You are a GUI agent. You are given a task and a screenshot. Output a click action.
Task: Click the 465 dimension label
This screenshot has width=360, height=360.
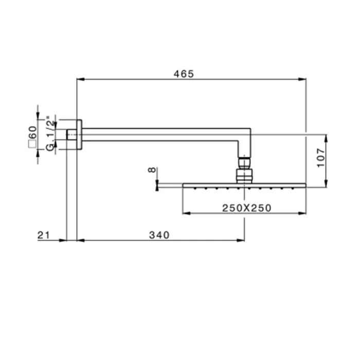pos(184,74)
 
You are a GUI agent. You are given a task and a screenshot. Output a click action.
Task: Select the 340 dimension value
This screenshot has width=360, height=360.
pos(159,235)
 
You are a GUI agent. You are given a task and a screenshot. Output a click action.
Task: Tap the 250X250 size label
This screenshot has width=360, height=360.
pos(246,208)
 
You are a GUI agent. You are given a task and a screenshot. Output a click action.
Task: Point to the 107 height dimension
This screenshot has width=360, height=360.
pos(320,158)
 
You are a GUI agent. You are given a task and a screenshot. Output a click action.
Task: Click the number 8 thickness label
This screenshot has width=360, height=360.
pos(152,170)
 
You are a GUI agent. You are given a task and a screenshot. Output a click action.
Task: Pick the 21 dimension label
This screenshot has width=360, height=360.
pos(44,235)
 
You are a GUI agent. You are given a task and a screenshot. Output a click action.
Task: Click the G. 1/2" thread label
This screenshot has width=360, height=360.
pos(51,133)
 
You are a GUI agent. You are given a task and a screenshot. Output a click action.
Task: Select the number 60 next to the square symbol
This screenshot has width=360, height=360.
pos(32,132)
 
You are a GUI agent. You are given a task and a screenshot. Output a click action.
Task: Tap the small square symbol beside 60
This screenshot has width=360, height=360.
pos(32,144)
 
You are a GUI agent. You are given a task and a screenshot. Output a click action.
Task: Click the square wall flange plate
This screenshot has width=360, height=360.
pos(79,135)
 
